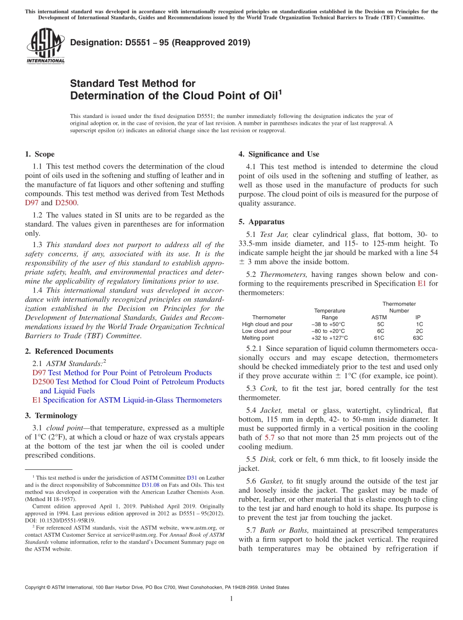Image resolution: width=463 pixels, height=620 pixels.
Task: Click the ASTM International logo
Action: [45, 46]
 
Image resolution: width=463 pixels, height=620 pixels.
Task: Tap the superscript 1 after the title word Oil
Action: [280, 92]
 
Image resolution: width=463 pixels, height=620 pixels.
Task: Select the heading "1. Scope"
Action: [39, 154]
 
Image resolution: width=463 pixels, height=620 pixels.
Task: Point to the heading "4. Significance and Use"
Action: [279, 154]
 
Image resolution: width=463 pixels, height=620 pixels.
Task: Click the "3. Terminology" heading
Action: [51, 415]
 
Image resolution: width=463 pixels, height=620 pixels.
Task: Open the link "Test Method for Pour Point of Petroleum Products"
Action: [130, 372]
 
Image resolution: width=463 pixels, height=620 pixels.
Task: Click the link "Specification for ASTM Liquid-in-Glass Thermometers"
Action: [132, 400]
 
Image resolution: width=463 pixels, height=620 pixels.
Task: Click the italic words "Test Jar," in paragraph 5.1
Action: [274, 234]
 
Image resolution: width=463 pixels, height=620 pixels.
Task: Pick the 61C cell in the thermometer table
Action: [379, 338]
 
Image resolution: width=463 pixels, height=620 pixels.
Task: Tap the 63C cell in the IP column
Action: [418, 338]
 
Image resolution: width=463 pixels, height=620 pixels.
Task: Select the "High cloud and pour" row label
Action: [267, 324]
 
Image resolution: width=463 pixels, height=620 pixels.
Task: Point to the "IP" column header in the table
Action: [418, 317]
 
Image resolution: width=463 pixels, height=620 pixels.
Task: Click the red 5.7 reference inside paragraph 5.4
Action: [270, 438]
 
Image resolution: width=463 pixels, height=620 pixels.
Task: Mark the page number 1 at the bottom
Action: [231, 599]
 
